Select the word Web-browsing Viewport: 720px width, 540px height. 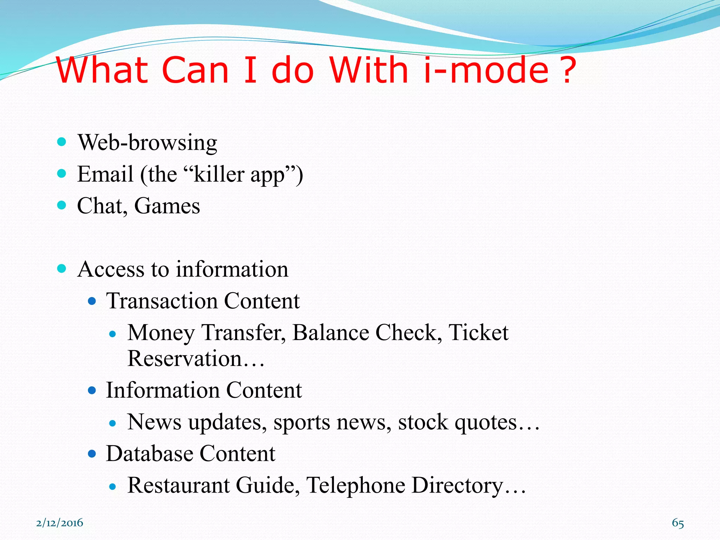coord(147,143)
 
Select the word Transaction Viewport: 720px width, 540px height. coord(162,301)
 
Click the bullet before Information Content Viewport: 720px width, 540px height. coord(92,390)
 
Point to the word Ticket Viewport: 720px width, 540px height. coord(478,333)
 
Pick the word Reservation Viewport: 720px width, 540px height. coord(185,359)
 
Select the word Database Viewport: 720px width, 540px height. coord(149,454)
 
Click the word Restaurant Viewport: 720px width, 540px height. coord(178,485)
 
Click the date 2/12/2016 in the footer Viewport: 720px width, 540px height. coord(60,523)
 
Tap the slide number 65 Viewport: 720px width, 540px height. coord(678,523)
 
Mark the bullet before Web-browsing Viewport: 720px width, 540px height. coord(62,142)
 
